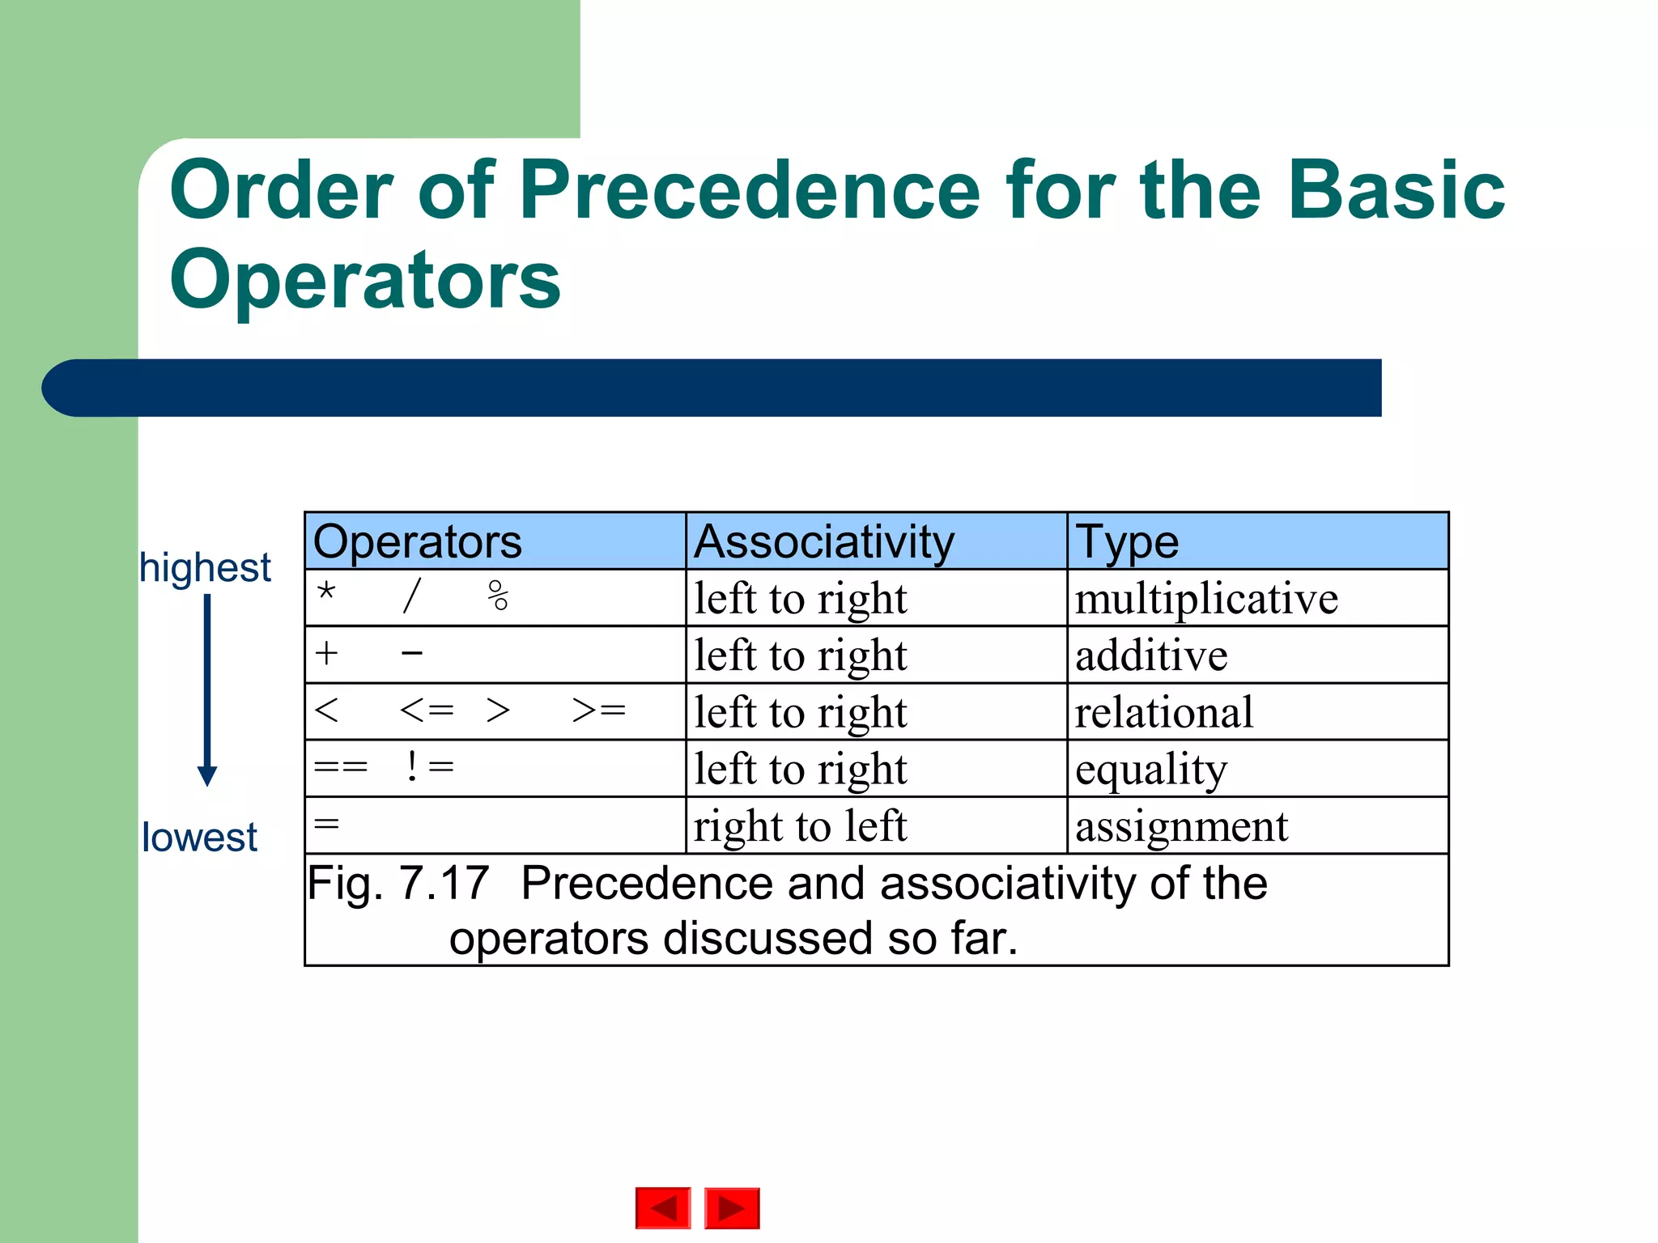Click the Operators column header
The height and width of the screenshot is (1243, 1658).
point(417,541)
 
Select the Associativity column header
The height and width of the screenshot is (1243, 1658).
point(824,541)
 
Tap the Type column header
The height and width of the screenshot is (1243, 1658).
point(1126,541)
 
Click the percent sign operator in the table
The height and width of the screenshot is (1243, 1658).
point(498,596)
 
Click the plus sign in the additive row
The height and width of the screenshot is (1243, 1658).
point(326,653)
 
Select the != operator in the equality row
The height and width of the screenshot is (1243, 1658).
point(429,766)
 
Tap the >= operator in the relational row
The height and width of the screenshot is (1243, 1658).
point(599,711)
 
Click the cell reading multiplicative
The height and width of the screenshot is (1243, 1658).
point(1205,599)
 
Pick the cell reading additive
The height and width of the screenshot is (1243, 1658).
point(1150,655)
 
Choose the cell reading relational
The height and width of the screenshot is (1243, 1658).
point(1163,712)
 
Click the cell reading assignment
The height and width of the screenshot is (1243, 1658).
point(1180,826)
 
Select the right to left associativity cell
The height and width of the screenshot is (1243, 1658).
point(800,826)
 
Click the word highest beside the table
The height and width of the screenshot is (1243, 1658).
point(205,567)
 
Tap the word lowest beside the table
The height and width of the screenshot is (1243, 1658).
point(199,837)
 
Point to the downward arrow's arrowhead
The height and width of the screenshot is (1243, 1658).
point(207,775)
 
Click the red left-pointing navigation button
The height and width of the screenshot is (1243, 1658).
point(663,1208)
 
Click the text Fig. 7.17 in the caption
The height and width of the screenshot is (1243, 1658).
point(398,883)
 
